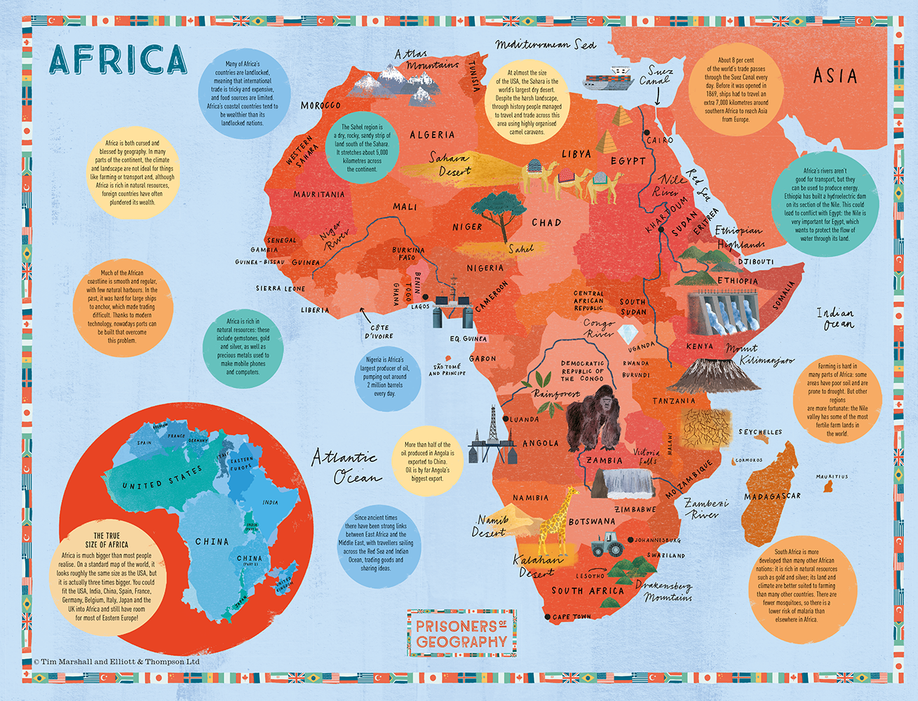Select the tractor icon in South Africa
coord(607,545)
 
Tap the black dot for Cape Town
coord(547,617)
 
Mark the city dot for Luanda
coord(508,419)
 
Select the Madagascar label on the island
coord(771,496)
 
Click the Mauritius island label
coord(832,477)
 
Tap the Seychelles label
coord(760,432)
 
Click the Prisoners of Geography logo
coord(461,633)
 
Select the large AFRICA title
coord(118,60)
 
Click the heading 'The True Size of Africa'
coord(108,540)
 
